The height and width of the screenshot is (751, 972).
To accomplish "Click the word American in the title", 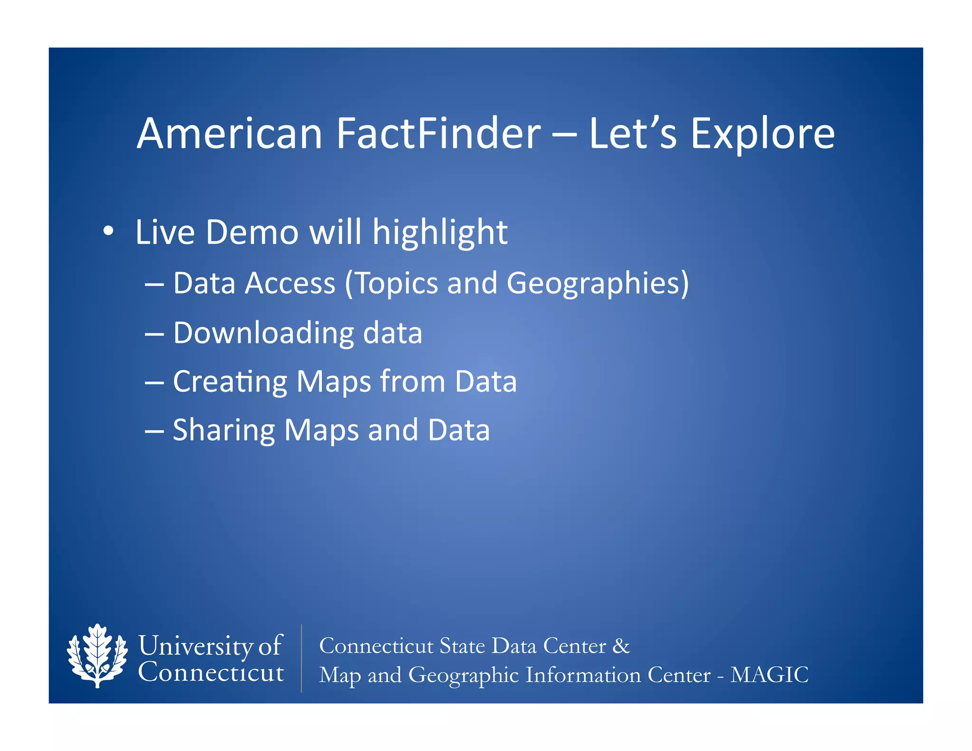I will [x=230, y=134].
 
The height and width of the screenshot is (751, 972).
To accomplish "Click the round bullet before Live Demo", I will [x=108, y=231].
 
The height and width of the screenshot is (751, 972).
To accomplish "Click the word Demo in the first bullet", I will [x=252, y=233].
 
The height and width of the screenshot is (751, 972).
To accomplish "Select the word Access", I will [x=290, y=283].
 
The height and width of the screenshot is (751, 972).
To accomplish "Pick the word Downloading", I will [x=263, y=333].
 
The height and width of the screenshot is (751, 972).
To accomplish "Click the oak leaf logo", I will [x=97, y=657].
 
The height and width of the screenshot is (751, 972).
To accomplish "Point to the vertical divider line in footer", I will [x=301, y=658].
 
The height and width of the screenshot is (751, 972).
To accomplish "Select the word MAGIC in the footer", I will [x=769, y=675].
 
